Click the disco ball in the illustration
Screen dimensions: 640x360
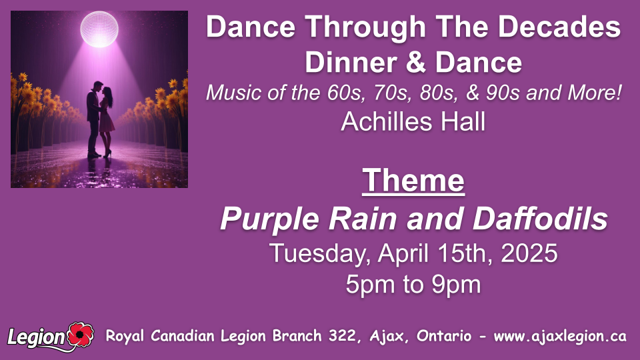coord(99,29)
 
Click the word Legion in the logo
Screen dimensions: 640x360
coord(36,337)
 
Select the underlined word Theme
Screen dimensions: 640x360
coord(413,181)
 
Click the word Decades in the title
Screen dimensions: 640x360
coord(559,27)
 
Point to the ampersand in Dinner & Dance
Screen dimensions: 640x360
coord(415,63)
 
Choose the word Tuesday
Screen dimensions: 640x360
coord(320,254)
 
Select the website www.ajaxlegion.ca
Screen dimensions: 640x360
coord(560,336)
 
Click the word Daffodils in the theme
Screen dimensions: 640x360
coord(541,219)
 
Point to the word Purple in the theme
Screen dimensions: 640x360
coord(270,219)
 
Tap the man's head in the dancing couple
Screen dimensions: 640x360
coord(97,87)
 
